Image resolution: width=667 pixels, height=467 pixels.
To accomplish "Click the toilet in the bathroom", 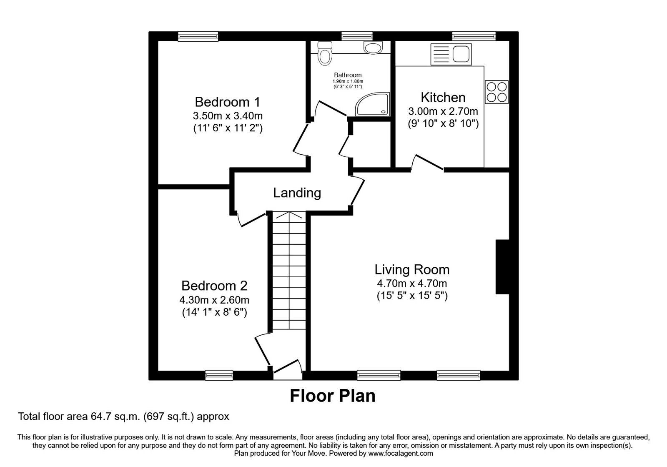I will (x=324, y=54).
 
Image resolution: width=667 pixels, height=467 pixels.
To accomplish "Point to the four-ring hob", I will (x=497, y=92).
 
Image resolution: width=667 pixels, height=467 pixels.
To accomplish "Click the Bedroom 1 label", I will (x=227, y=102).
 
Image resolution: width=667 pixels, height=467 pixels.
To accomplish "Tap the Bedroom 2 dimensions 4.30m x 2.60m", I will (x=214, y=300).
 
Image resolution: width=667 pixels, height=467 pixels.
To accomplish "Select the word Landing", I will (x=297, y=193).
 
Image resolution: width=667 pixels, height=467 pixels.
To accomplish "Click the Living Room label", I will (x=412, y=270).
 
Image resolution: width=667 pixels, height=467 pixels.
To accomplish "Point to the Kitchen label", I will (x=443, y=98).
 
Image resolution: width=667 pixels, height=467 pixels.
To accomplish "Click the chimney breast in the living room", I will (x=502, y=267).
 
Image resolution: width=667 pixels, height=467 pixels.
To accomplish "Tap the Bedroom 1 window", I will (x=198, y=36).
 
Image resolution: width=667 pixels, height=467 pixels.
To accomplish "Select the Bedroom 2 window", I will (x=219, y=375).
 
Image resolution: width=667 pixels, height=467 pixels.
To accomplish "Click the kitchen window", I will (x=474, y=36).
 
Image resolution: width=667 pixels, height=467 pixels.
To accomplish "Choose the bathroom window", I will (x=357, y=36).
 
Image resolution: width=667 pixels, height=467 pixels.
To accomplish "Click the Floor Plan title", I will (x=332, y=396).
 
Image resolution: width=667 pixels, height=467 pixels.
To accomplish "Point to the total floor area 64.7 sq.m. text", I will (x=123, y=416).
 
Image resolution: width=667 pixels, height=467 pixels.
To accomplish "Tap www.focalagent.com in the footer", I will (x=401, y=453).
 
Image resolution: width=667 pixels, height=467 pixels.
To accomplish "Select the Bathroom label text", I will (x=348, y=75).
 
